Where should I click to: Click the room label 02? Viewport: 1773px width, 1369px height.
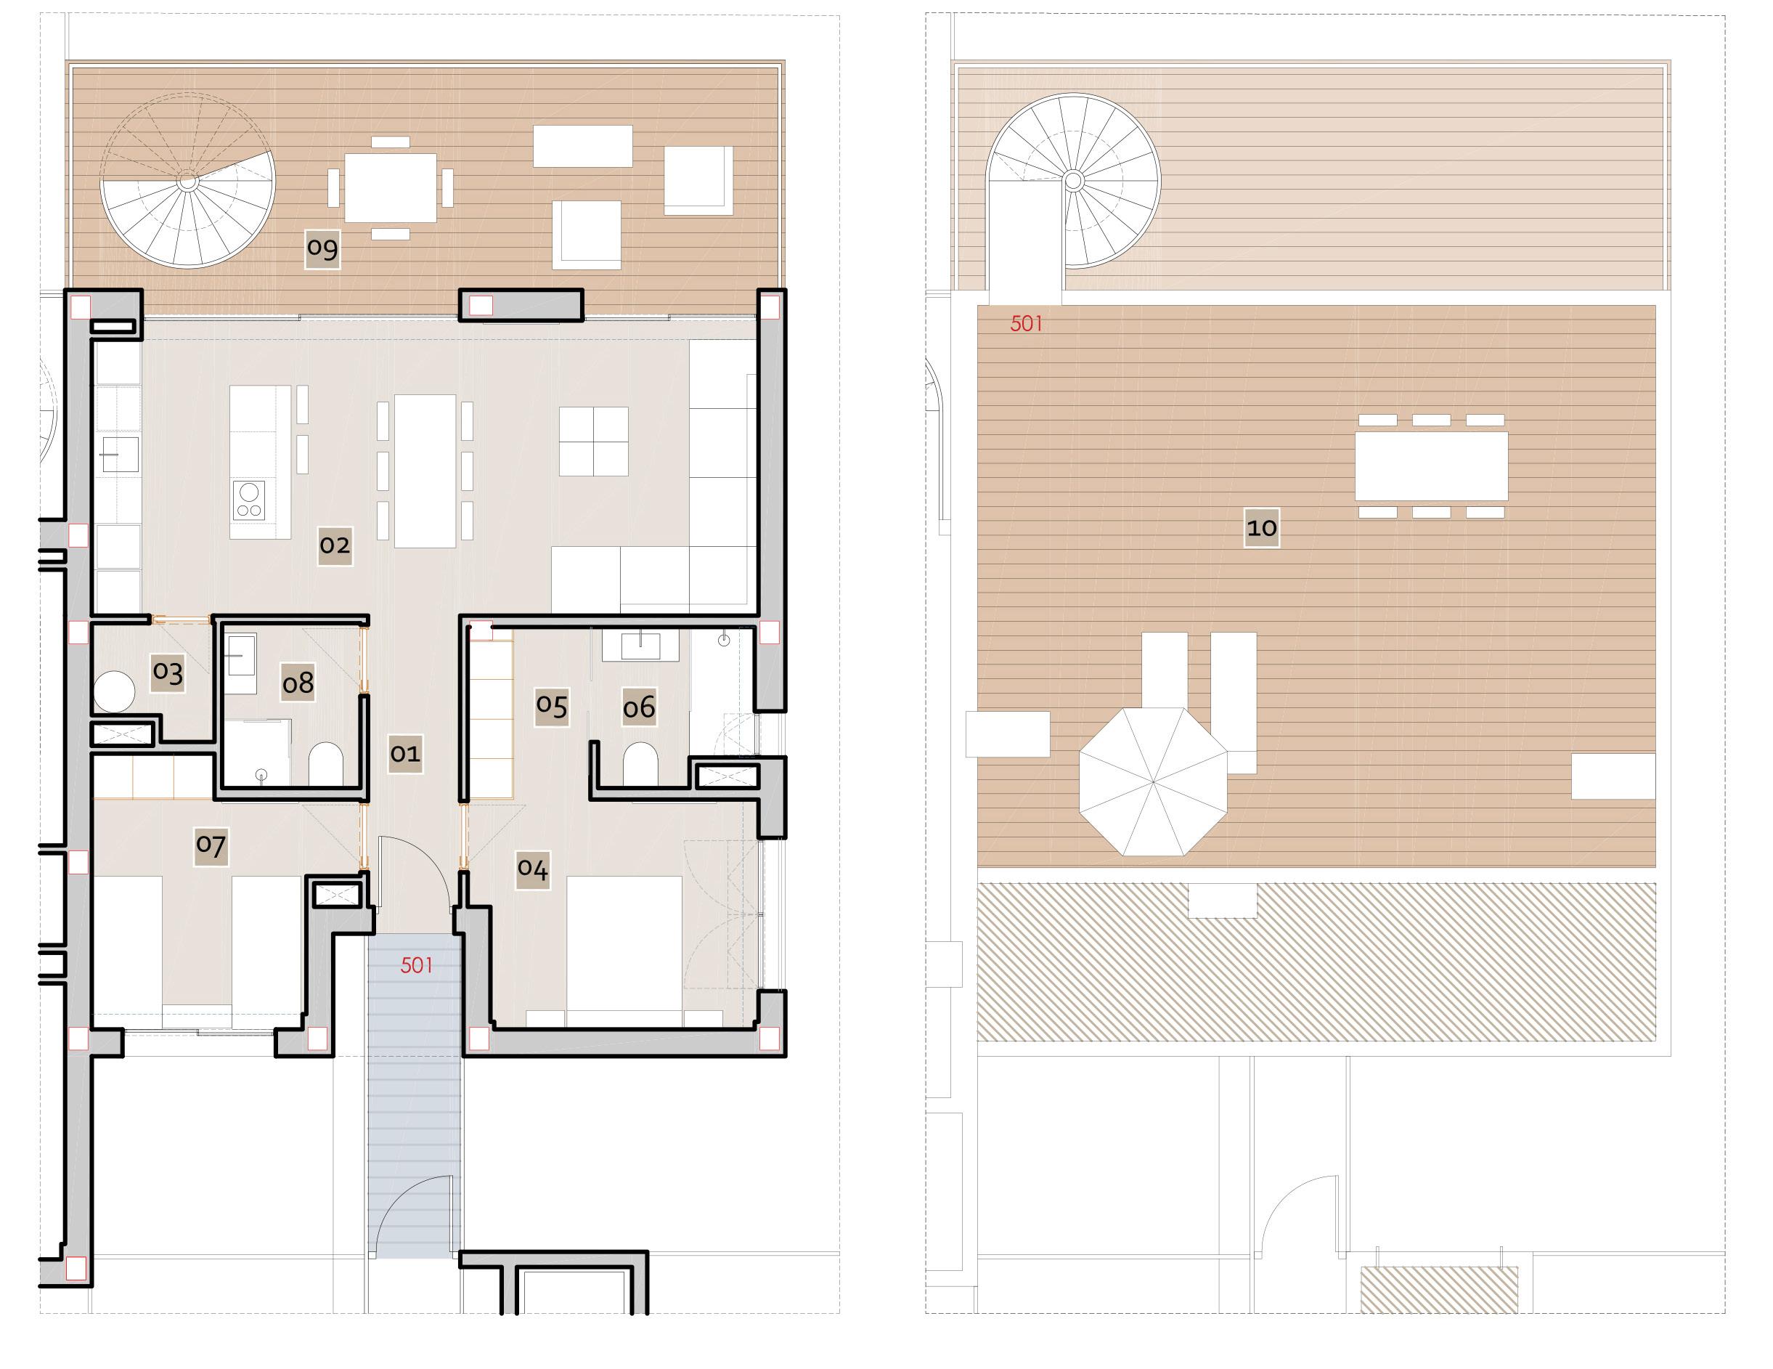pos(335,545)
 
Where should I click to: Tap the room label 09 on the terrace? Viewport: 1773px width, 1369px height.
pos(322,248)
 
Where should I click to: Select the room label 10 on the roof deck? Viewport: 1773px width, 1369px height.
pos(1262,528)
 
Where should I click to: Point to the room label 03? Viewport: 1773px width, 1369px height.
pos(168,672)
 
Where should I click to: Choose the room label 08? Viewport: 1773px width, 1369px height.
pos(298,683)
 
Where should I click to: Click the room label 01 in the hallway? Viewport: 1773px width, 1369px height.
pos(405,754)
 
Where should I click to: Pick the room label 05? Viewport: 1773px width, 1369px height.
pos(552,706)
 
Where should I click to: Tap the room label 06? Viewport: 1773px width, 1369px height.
pos(639,707)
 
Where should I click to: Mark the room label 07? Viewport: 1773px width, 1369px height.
pos(211,845)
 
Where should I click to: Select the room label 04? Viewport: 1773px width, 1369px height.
pos(532,869)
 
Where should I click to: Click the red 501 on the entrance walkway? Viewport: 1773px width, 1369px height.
pos(417,965)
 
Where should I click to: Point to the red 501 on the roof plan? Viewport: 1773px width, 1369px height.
pos(1026,324)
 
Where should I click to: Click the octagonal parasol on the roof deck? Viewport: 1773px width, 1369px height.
pos(1153,781)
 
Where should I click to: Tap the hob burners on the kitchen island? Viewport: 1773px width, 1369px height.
pos(249,500)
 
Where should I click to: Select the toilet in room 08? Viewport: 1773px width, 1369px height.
pos(326,763)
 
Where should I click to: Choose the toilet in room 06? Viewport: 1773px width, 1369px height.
pos(640,763)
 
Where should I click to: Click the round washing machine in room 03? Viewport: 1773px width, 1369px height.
pos(114,691)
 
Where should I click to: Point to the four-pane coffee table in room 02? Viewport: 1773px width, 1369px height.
pos(593,442)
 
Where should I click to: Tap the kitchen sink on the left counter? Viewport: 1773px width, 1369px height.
pos(119,455)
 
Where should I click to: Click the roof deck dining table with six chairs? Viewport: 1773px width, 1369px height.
pos(1431,466)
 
